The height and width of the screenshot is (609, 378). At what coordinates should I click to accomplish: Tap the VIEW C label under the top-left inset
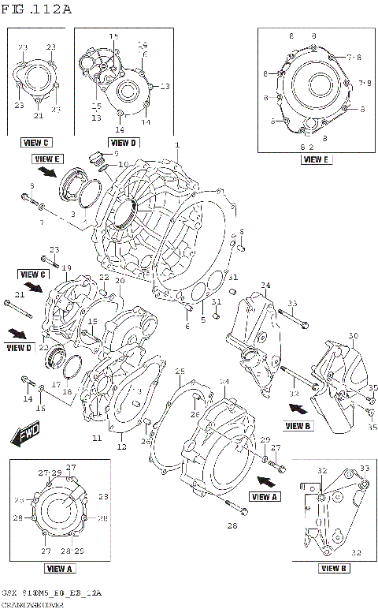tap(36, 143)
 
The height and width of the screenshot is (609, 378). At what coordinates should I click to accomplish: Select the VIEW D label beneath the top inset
tap(123, 143)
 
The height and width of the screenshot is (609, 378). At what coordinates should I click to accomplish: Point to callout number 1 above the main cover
tap(177, 145)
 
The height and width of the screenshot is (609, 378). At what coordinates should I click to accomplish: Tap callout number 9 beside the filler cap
tap(115, 152)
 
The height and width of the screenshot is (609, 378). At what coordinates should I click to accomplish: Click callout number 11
tap(96, 438)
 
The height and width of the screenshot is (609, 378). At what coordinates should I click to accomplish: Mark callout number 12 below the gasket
tap(121, 447)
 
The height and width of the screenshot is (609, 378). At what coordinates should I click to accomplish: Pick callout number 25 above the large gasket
tap(180, 371)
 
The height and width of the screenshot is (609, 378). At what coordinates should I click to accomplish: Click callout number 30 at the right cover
tap(353, 336)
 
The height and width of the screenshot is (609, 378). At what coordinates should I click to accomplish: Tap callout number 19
tap(66, 267)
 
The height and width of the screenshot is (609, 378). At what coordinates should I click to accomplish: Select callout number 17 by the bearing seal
tap(56, 386)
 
